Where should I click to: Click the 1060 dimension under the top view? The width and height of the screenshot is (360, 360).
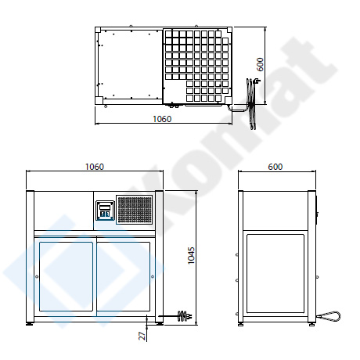[162, 119]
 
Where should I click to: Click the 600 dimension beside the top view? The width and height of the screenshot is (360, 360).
[260, 64]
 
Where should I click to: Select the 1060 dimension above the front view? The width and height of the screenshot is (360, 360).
[95, 167]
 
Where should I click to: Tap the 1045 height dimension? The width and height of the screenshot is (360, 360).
[191, 256]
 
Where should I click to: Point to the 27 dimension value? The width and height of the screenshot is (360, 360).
[142, 336]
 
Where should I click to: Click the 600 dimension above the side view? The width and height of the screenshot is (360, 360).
[275, 167]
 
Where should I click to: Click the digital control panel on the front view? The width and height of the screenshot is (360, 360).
[105, 211]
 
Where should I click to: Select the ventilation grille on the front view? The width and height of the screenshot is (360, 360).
[134, 210]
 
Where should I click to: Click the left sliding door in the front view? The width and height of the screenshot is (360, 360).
[66, 276]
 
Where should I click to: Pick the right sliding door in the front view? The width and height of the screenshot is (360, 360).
[124, 276]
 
